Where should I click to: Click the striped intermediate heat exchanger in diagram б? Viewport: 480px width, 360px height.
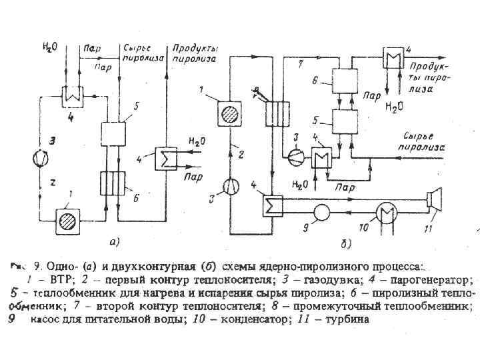click(x=275, y=107)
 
